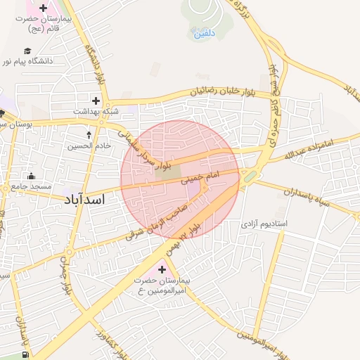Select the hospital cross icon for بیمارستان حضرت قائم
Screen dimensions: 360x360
coord(44,8)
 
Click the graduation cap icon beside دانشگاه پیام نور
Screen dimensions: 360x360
coord(27,51)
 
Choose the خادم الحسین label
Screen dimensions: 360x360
coord(89,146)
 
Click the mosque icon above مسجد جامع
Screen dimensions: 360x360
coord(30,176)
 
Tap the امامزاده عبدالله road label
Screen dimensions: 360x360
coord(316,148)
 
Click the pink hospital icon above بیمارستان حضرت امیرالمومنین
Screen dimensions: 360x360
coord(163,269)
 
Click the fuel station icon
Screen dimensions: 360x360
coord(26,355)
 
